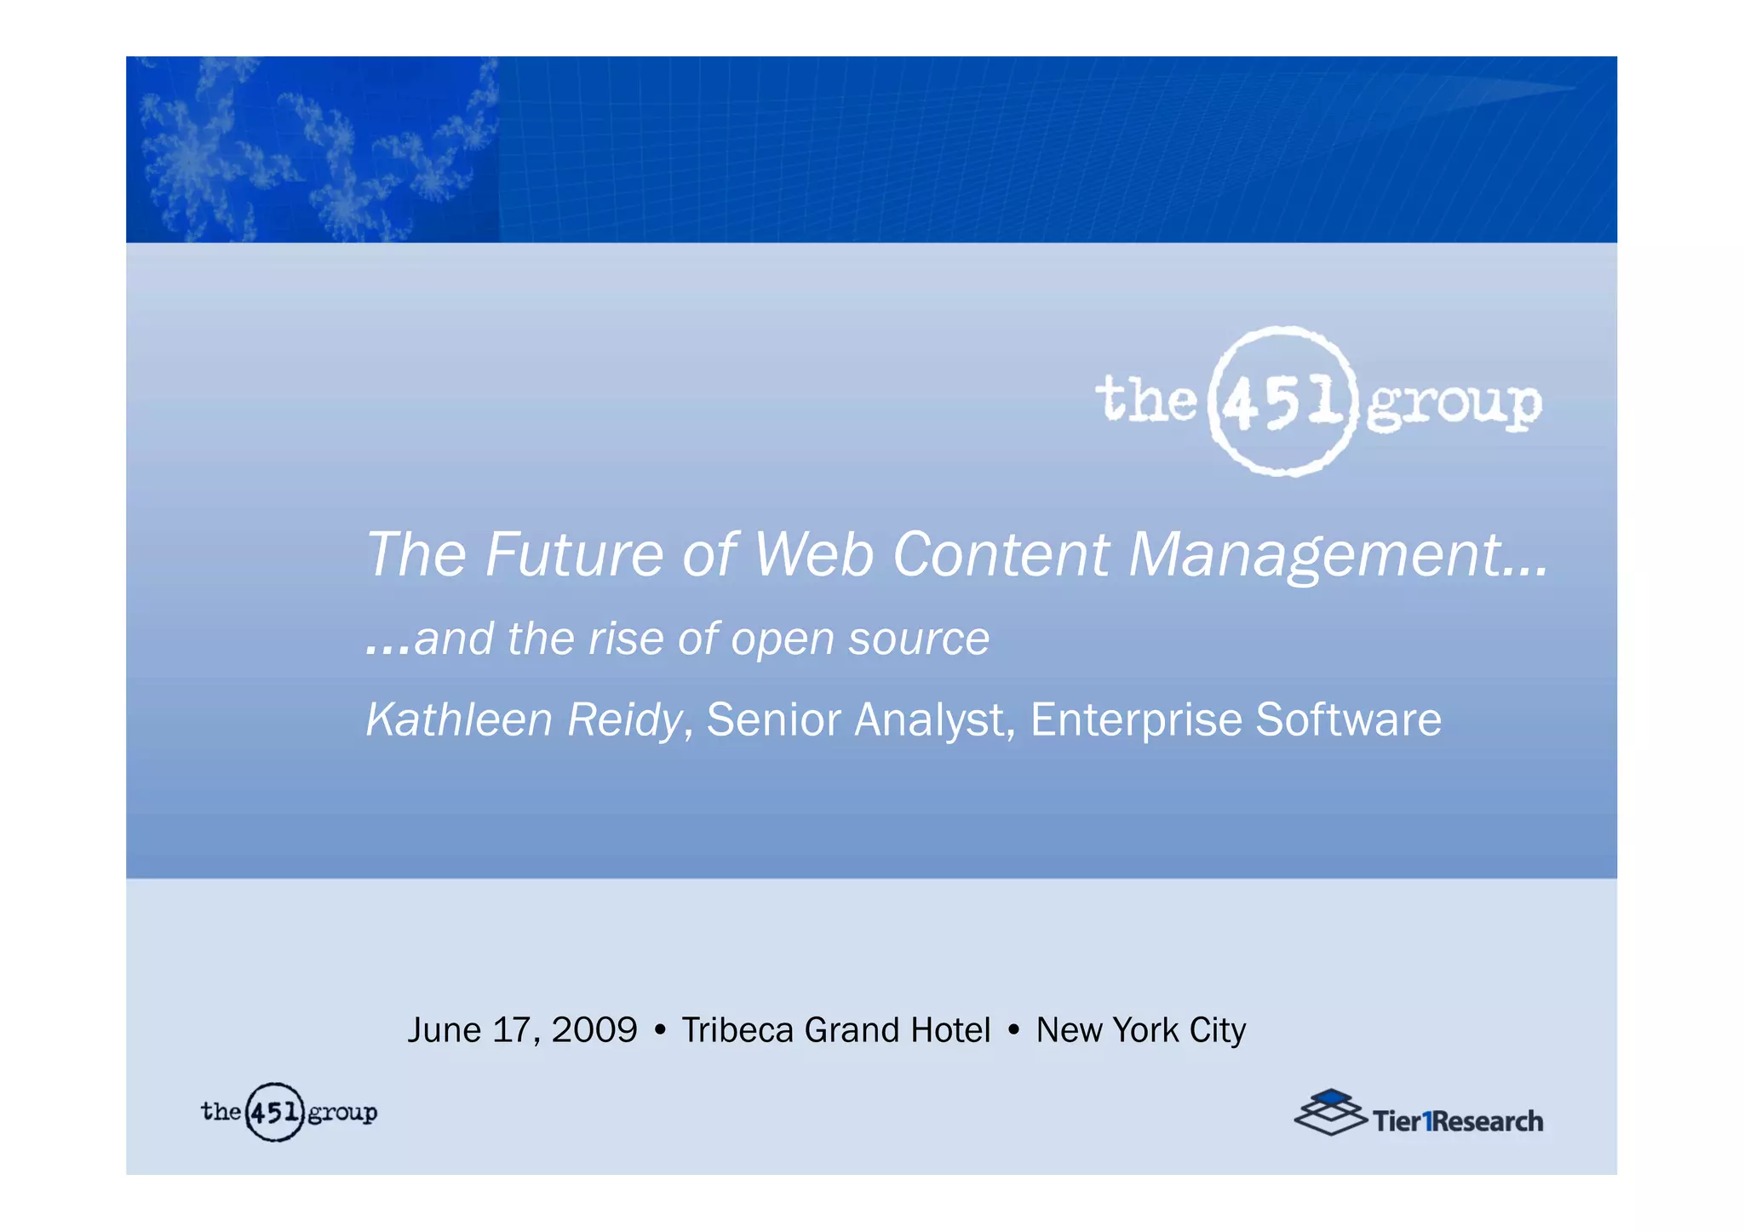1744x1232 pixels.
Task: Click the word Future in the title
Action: [574, 555]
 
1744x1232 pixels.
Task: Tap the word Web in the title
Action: [814, 555]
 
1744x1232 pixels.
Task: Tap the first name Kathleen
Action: [459, 719]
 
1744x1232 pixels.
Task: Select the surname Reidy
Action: [624, 721]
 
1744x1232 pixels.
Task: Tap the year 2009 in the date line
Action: [594, 1030]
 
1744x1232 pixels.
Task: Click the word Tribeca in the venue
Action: [737, 1030]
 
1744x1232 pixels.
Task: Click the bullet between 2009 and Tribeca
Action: [660, 1031]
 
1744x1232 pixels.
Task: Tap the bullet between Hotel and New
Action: [1013, 1031]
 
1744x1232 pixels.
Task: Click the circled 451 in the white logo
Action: [1282, 401]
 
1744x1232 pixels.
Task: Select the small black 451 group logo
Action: [289, 1112]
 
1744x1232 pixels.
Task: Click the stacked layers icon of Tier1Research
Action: [1329, 1112]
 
